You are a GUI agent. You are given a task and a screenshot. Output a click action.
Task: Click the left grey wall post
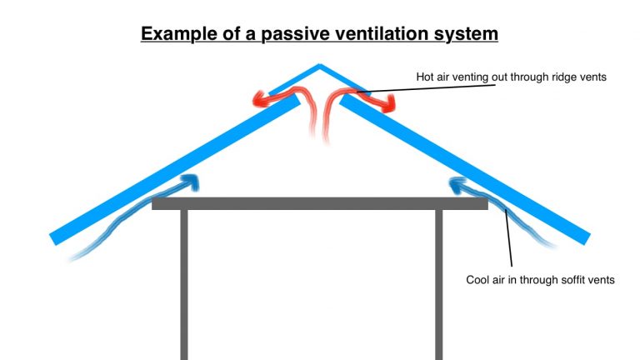(184, 283)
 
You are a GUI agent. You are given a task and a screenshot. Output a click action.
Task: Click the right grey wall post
(438, 283)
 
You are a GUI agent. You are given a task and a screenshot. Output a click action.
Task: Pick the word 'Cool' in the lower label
(478, 280)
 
